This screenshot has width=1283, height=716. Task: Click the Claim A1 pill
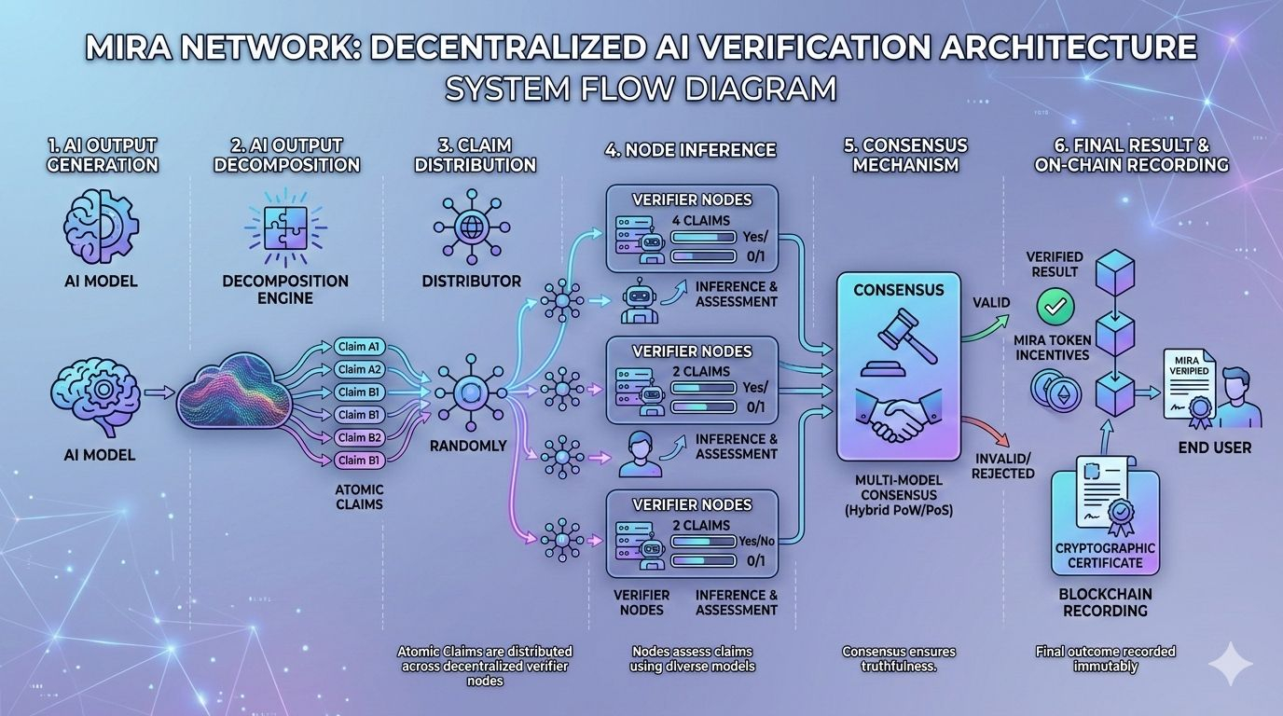pos(359,347)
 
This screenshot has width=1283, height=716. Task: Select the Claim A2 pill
pos(359,369)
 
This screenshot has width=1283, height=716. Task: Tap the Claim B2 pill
pos(359,437)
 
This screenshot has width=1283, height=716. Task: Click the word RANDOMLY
pos(468,446)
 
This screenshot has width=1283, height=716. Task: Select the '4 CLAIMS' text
pos(701,220)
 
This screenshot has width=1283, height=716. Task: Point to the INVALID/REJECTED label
pos(1003,465)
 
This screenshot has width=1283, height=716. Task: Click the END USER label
pos(1214,447)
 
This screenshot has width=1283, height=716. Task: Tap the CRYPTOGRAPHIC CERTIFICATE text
pos(1105,555)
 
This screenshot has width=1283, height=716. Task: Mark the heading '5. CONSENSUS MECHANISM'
pos(905,155)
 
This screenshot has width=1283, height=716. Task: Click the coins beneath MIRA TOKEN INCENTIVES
pos(1052,389)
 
